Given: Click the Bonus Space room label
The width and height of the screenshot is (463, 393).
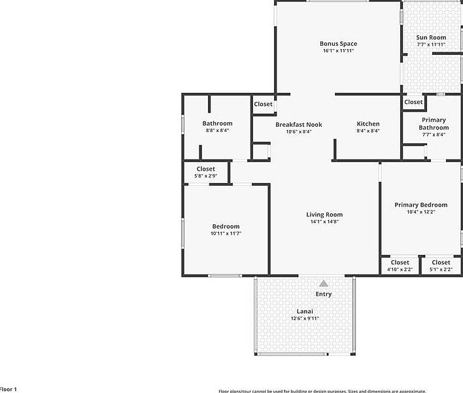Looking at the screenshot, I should tap(338, 44).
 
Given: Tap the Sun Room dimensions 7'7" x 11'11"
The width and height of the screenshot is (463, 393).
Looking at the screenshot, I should tap(431, 44).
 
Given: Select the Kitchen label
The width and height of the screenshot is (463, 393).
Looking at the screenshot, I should tap(368, 124).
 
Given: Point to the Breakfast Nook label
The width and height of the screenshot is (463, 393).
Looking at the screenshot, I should tap(298, 124).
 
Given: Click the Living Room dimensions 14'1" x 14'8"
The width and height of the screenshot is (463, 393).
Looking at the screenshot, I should tap(324, 222).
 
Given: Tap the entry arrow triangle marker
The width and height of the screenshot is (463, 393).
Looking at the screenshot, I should tap(324, 283).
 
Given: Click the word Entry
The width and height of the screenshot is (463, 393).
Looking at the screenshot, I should tap(324, 294).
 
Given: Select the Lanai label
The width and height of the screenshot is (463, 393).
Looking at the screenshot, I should tap(305, 311).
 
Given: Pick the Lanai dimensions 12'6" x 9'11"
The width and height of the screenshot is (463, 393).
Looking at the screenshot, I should tap(305, 318).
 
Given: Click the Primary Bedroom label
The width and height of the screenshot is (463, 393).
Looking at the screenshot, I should tap(420, 205).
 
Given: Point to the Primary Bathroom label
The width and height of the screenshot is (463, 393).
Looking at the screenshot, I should tap(433, 124).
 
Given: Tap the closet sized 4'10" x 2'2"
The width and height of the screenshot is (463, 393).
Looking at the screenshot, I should tap(400, 265).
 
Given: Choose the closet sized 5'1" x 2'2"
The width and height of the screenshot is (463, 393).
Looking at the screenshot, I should tap(441, 265).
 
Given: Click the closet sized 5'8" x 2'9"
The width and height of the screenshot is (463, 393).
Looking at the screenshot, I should tap(205, 173).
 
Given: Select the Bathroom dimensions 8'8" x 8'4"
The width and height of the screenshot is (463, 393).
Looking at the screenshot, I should tap(217, 131).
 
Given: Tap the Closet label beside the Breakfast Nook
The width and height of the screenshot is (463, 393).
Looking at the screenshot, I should tap(263, 104).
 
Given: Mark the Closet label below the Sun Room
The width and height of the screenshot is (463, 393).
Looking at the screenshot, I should tap(413, 102).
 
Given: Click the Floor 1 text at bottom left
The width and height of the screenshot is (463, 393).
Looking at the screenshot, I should tap(8, 389).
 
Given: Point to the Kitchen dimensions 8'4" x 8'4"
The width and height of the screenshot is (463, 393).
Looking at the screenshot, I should tap(368, 131).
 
